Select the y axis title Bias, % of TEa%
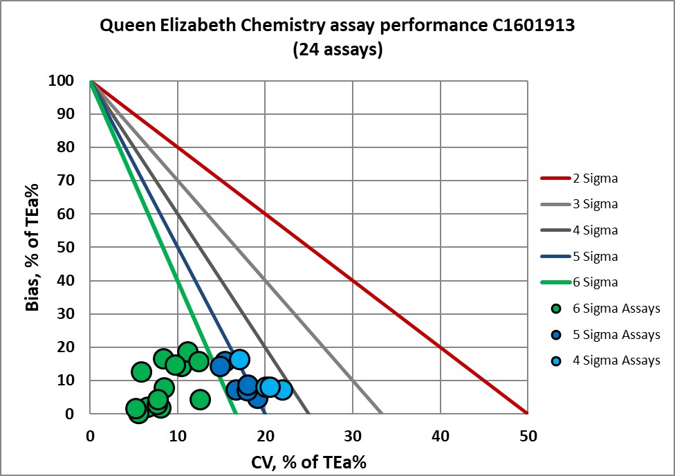[32, 247]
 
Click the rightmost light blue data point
[282, 390]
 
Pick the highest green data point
[187, 352]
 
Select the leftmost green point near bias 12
[141, 372]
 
